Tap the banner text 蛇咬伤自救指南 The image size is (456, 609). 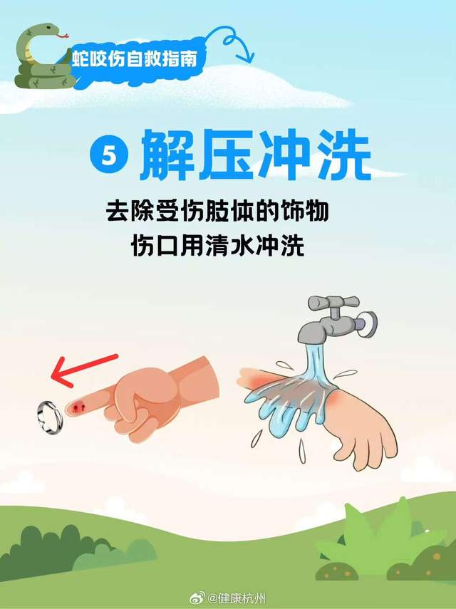click(x=135, y=59)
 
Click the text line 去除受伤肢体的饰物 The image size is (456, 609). click(x=217, y=211)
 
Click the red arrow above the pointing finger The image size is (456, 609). click(x=84, y=370)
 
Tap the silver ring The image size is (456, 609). click(x=50, y=417)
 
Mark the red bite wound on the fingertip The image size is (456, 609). click(x=80, y=406)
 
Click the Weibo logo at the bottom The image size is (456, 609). click(x=197, y=597)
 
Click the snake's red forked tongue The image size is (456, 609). click(x=63, y=36)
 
